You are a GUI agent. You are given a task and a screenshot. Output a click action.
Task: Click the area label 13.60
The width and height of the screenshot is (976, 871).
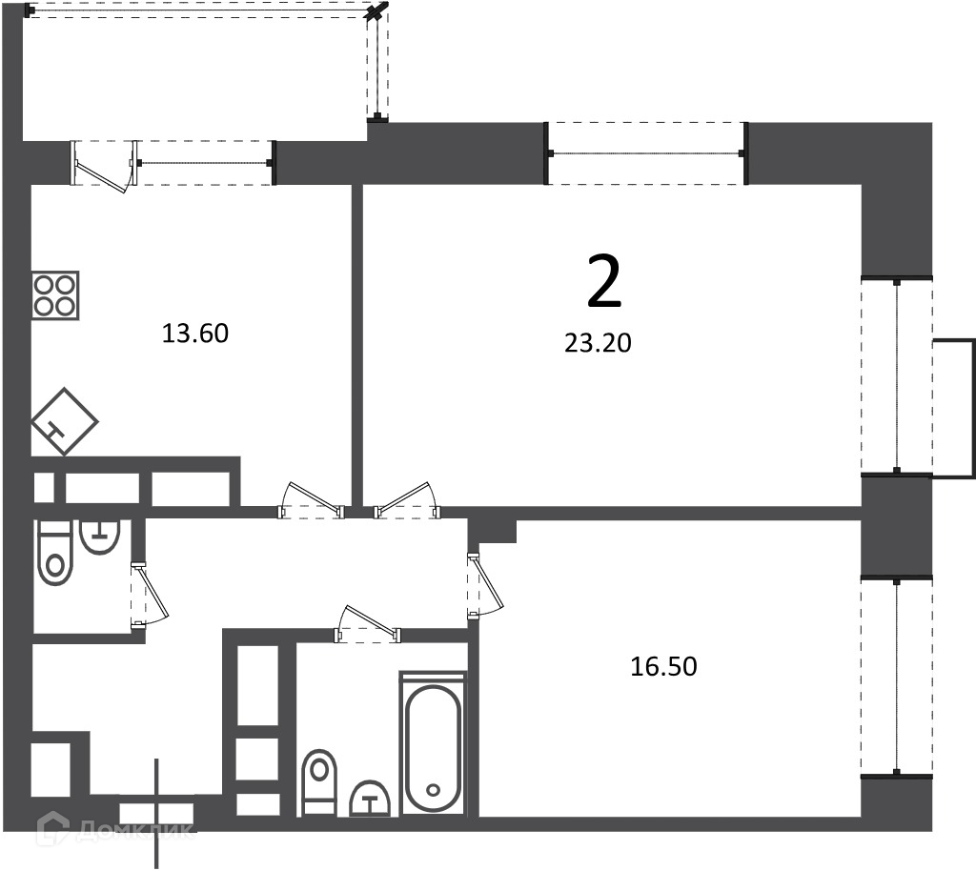coord(195,334)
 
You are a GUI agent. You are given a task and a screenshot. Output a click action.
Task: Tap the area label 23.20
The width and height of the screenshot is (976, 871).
coord(599,343)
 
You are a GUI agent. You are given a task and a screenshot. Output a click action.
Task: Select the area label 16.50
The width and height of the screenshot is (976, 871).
coord(663,666)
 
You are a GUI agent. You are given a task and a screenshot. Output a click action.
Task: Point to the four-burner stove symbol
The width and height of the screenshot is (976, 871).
coord(55,295)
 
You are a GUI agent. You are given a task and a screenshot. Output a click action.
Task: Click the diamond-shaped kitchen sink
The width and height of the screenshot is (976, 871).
coord(65,421)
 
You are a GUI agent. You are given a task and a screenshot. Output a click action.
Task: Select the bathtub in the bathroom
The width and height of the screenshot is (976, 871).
coord(434,743)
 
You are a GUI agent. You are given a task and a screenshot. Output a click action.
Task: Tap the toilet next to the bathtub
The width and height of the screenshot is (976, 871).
coord(318,782)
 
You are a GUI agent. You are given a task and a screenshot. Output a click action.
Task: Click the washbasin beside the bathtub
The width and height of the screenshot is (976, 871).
coord(371,799)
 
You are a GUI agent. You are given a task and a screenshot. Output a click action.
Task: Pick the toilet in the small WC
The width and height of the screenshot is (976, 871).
coord(55,553)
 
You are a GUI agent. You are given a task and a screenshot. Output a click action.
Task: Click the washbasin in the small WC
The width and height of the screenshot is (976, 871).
coord(99,537)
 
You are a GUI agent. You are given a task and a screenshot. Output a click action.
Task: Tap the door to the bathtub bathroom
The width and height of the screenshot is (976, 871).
coord(368,623)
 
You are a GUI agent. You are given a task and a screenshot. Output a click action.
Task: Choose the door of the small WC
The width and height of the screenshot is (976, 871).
coord(150,596)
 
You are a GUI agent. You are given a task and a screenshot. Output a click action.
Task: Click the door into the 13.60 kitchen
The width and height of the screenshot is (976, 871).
coord(312,500)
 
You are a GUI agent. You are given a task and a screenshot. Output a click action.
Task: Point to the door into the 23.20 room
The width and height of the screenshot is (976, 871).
coord(407,500)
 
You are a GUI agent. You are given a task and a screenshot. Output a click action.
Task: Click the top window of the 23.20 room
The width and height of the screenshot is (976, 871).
coord(646,153)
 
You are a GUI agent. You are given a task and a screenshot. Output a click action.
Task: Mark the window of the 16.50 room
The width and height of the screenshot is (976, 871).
coord(896,677)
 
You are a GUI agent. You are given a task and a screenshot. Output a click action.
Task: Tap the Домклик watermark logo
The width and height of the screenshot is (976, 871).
coord(115,829)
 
